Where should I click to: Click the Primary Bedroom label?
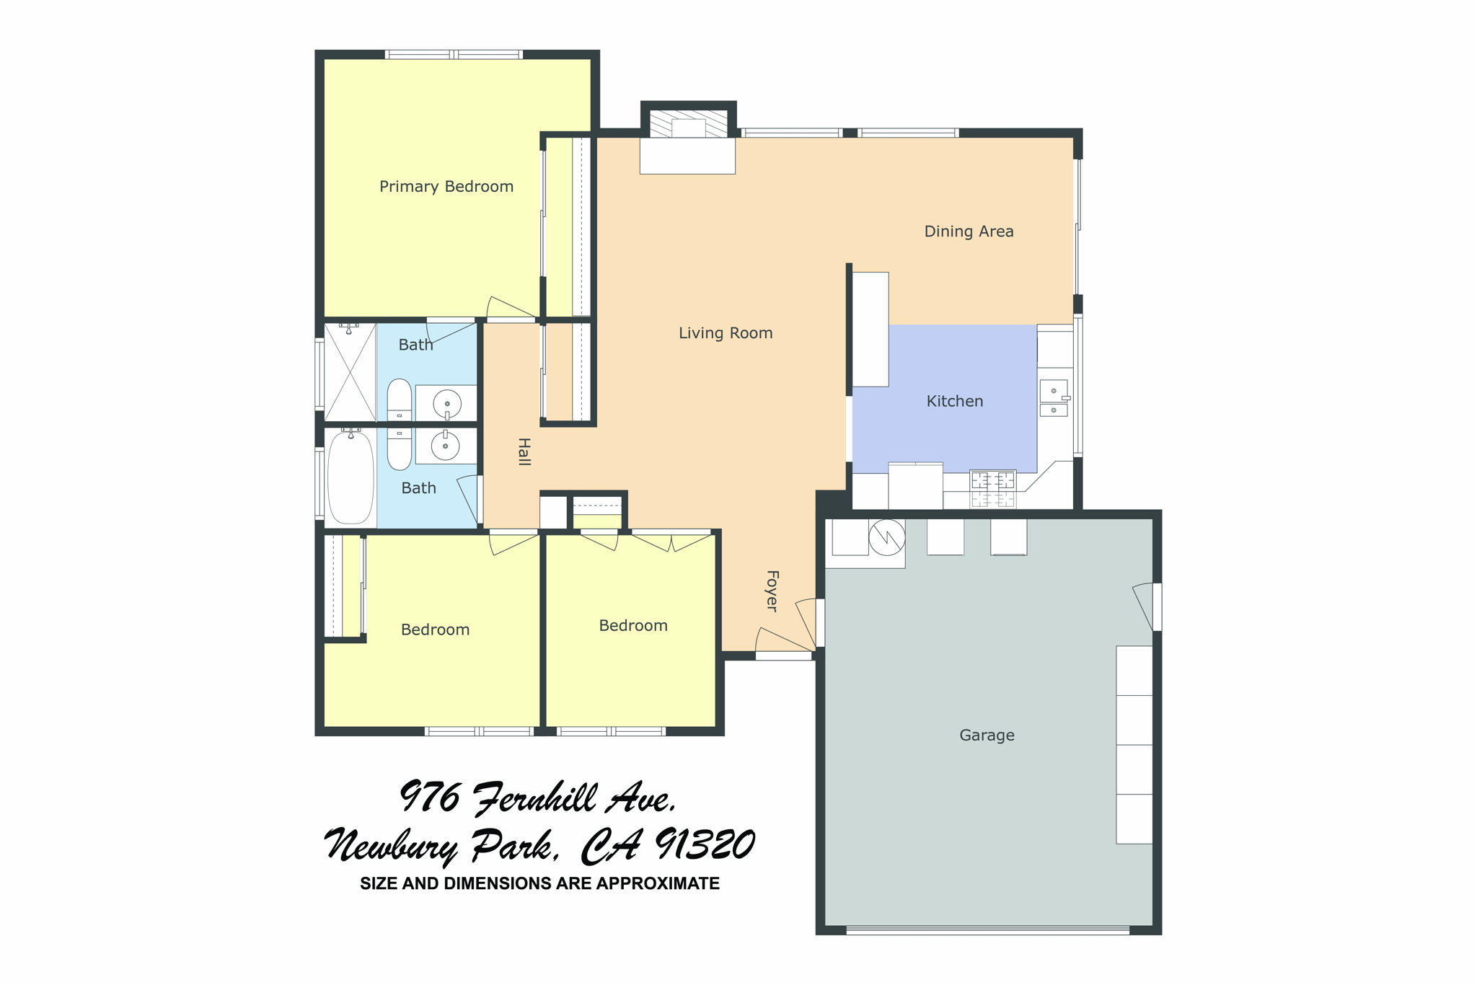point(446,187)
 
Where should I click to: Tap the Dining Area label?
point(969,231)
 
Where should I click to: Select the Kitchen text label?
point(954,401)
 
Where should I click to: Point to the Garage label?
point(987,735)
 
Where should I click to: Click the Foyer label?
point(772,591)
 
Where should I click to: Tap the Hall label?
point(524,451)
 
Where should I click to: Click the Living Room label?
point(725,333)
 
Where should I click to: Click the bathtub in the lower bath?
point(350,477)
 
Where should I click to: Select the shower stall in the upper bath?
point(350,373)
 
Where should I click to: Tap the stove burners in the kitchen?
point(992,489)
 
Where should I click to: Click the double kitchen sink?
point(1054,399)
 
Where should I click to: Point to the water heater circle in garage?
point(886,537)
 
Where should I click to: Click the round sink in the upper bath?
point(446,405)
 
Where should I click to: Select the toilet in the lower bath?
point(399,447)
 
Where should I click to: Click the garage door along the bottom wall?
point(987,930)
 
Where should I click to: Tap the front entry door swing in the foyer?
point(782,642)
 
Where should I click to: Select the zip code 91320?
point(705,845)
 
